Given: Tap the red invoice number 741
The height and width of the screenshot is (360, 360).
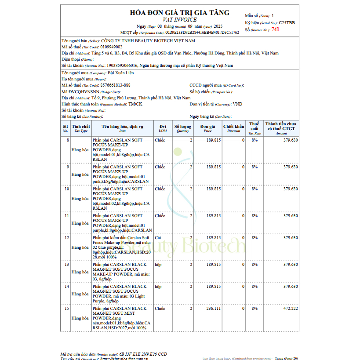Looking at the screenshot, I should tap(275, 29).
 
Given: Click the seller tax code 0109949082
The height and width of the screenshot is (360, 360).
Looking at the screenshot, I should tap(111, 47).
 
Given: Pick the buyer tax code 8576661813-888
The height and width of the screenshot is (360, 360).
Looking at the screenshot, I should tap(115, 85).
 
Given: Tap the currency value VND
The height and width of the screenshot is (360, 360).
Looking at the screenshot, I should tap(237, 104).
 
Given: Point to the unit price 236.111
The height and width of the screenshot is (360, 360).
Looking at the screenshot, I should tap(214, 309).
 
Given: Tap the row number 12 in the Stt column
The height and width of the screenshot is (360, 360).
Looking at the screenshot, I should tap(67, 238).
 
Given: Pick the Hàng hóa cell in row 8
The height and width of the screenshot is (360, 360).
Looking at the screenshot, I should tap(80, 150).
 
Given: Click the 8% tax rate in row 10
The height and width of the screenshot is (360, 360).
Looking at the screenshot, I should tap(254, 189).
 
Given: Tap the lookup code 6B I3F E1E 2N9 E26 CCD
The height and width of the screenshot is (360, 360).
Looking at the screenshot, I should tap(143, 354).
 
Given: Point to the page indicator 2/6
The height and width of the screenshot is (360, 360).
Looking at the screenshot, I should tap(295, 358).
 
